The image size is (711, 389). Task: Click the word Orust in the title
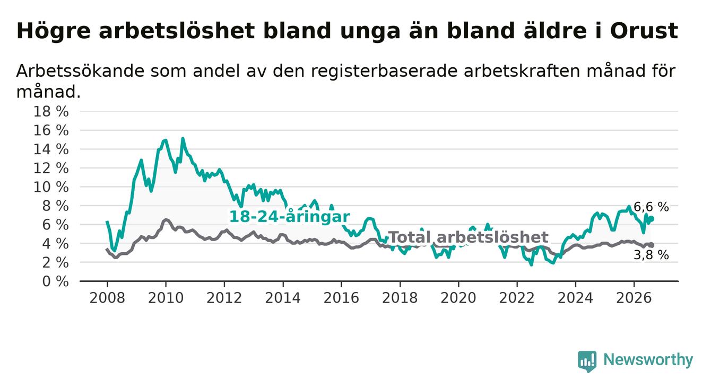click(x=644, y=31)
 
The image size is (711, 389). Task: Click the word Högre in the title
click(x=54, y=31)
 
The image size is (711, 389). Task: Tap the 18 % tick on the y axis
click(x=51, y=112)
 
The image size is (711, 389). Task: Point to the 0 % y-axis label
click(x=56, y=281)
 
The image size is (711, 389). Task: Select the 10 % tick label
click(x=51, y=187)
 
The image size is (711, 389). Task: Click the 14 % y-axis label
click(x=51, y=149)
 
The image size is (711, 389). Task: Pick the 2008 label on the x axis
click(x=107, y=298)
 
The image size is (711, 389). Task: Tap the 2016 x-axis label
click(x=341, y=298)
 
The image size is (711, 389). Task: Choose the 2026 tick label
click(x=634, y=298)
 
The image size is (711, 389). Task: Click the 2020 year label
click(x=458, y=298)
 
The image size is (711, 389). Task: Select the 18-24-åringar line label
click(x=290, y=217)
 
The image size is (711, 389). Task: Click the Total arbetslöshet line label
click(x=468, y=237)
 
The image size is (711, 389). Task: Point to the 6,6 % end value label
click(x=651, y=207)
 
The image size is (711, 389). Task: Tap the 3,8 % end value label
click(x=651, y=255)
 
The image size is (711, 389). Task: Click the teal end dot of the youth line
click(x=652, y=219)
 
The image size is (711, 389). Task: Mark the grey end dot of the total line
click(x=652, y=245)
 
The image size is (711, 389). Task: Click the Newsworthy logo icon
click(x=587, y=361)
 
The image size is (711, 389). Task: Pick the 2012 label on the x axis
click(x=224, y=298)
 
